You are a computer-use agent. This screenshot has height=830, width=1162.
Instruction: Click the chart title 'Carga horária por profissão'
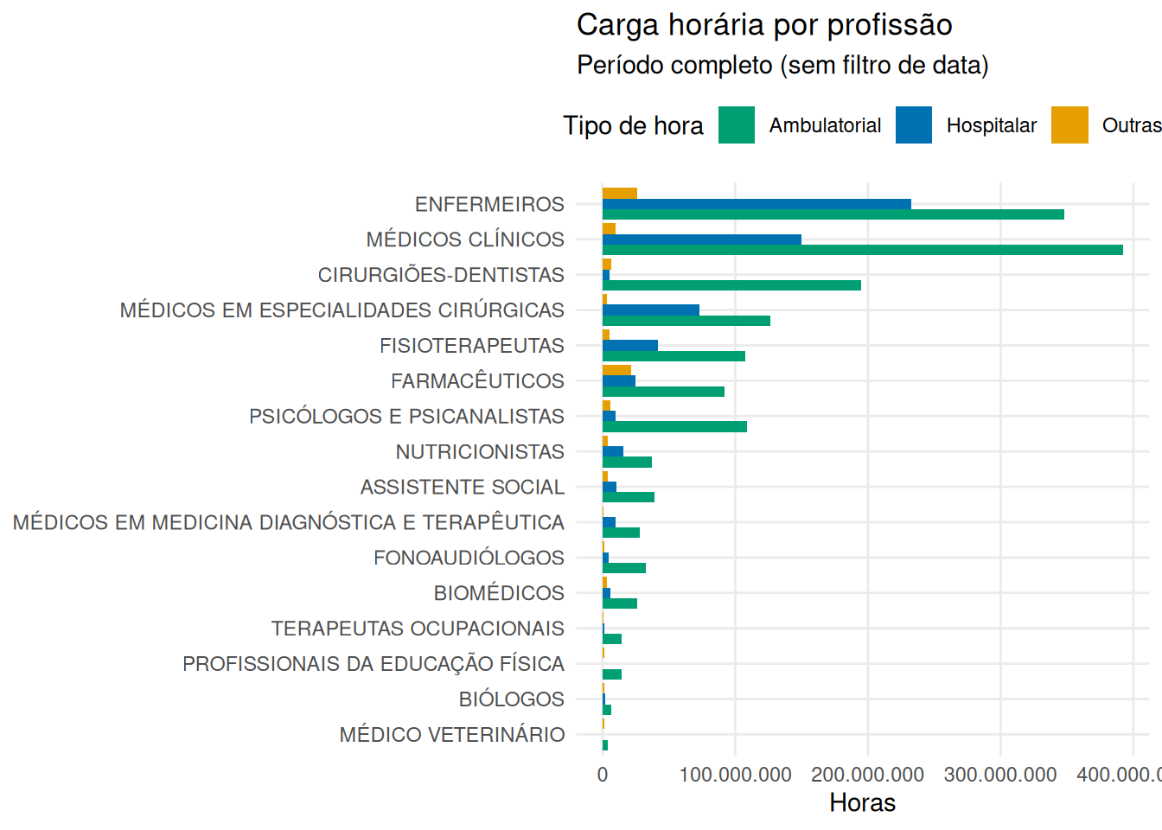pos(764,25)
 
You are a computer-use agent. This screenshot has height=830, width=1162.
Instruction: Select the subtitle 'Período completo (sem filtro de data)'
pos(782,66)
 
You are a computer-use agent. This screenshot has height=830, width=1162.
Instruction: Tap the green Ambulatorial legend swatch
pos(737,125)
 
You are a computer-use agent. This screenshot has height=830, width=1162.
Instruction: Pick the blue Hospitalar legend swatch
pos(914,125)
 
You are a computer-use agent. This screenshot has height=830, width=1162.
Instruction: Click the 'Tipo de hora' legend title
pos(633,126)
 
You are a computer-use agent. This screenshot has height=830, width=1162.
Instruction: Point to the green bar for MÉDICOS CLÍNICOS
pos(862,250)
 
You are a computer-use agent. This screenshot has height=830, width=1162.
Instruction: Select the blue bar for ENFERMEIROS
pos(757,204)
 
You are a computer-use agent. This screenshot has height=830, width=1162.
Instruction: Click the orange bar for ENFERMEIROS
pos(620,194)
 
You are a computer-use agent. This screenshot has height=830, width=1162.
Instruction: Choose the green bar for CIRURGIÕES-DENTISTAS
pos(731,285)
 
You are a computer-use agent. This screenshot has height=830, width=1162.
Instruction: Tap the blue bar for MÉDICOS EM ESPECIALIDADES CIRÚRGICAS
pos(651,310)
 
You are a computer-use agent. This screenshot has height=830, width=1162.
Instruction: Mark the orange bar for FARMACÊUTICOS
pos(616,370)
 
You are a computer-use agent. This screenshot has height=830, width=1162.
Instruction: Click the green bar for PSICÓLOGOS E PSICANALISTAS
pos(674,427)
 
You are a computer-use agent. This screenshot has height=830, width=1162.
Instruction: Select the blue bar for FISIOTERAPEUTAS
pos(630,346)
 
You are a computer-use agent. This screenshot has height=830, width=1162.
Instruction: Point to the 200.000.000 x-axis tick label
pos(867,775)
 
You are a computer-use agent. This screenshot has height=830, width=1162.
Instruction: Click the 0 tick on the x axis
pos(603,775)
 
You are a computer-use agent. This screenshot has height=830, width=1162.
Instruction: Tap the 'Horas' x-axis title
pos(862,803)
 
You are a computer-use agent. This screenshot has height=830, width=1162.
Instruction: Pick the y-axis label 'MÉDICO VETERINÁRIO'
pos(452,735)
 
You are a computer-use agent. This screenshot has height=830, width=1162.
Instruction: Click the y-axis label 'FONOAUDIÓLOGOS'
pos(469,558)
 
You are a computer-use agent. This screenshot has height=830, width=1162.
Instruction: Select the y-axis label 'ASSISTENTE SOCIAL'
pos(463,488)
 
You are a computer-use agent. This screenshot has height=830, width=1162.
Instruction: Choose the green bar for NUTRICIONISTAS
pos(627,463)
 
